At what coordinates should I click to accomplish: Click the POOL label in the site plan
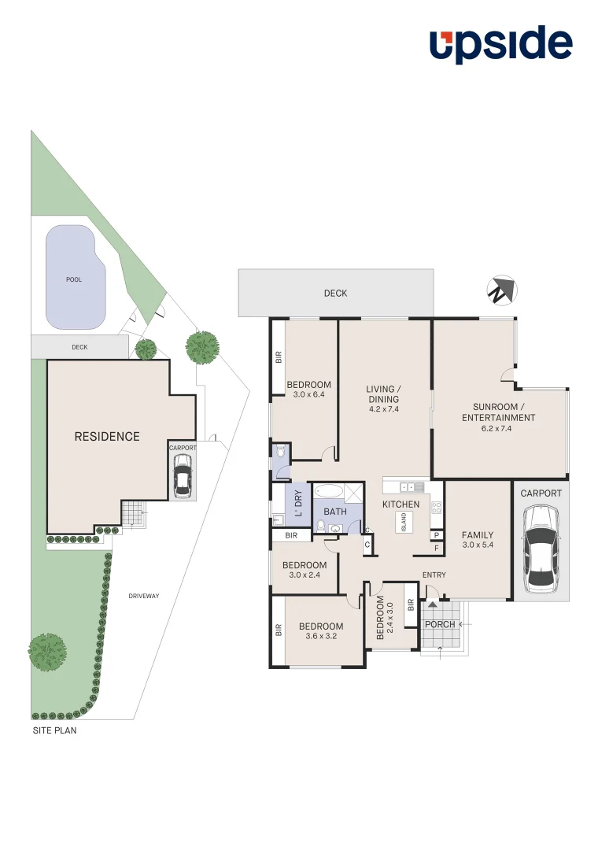(74, 279)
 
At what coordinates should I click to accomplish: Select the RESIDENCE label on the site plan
(107, 437)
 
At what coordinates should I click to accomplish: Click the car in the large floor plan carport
(541, 548)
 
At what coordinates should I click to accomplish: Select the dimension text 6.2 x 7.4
(498, 429)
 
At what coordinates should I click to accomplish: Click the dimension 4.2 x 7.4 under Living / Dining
(383, 409)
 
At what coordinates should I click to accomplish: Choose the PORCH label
(439, 624)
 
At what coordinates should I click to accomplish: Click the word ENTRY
(434, 575)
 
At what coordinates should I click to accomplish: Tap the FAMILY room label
(477, 535)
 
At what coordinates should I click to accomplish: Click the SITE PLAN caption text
(54, 730)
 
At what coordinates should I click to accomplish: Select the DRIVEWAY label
(144, 596)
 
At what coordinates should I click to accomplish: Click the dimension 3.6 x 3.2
(320, 637)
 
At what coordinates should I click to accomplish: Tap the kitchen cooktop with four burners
(436, 508)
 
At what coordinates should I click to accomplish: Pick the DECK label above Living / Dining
(335, 294)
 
